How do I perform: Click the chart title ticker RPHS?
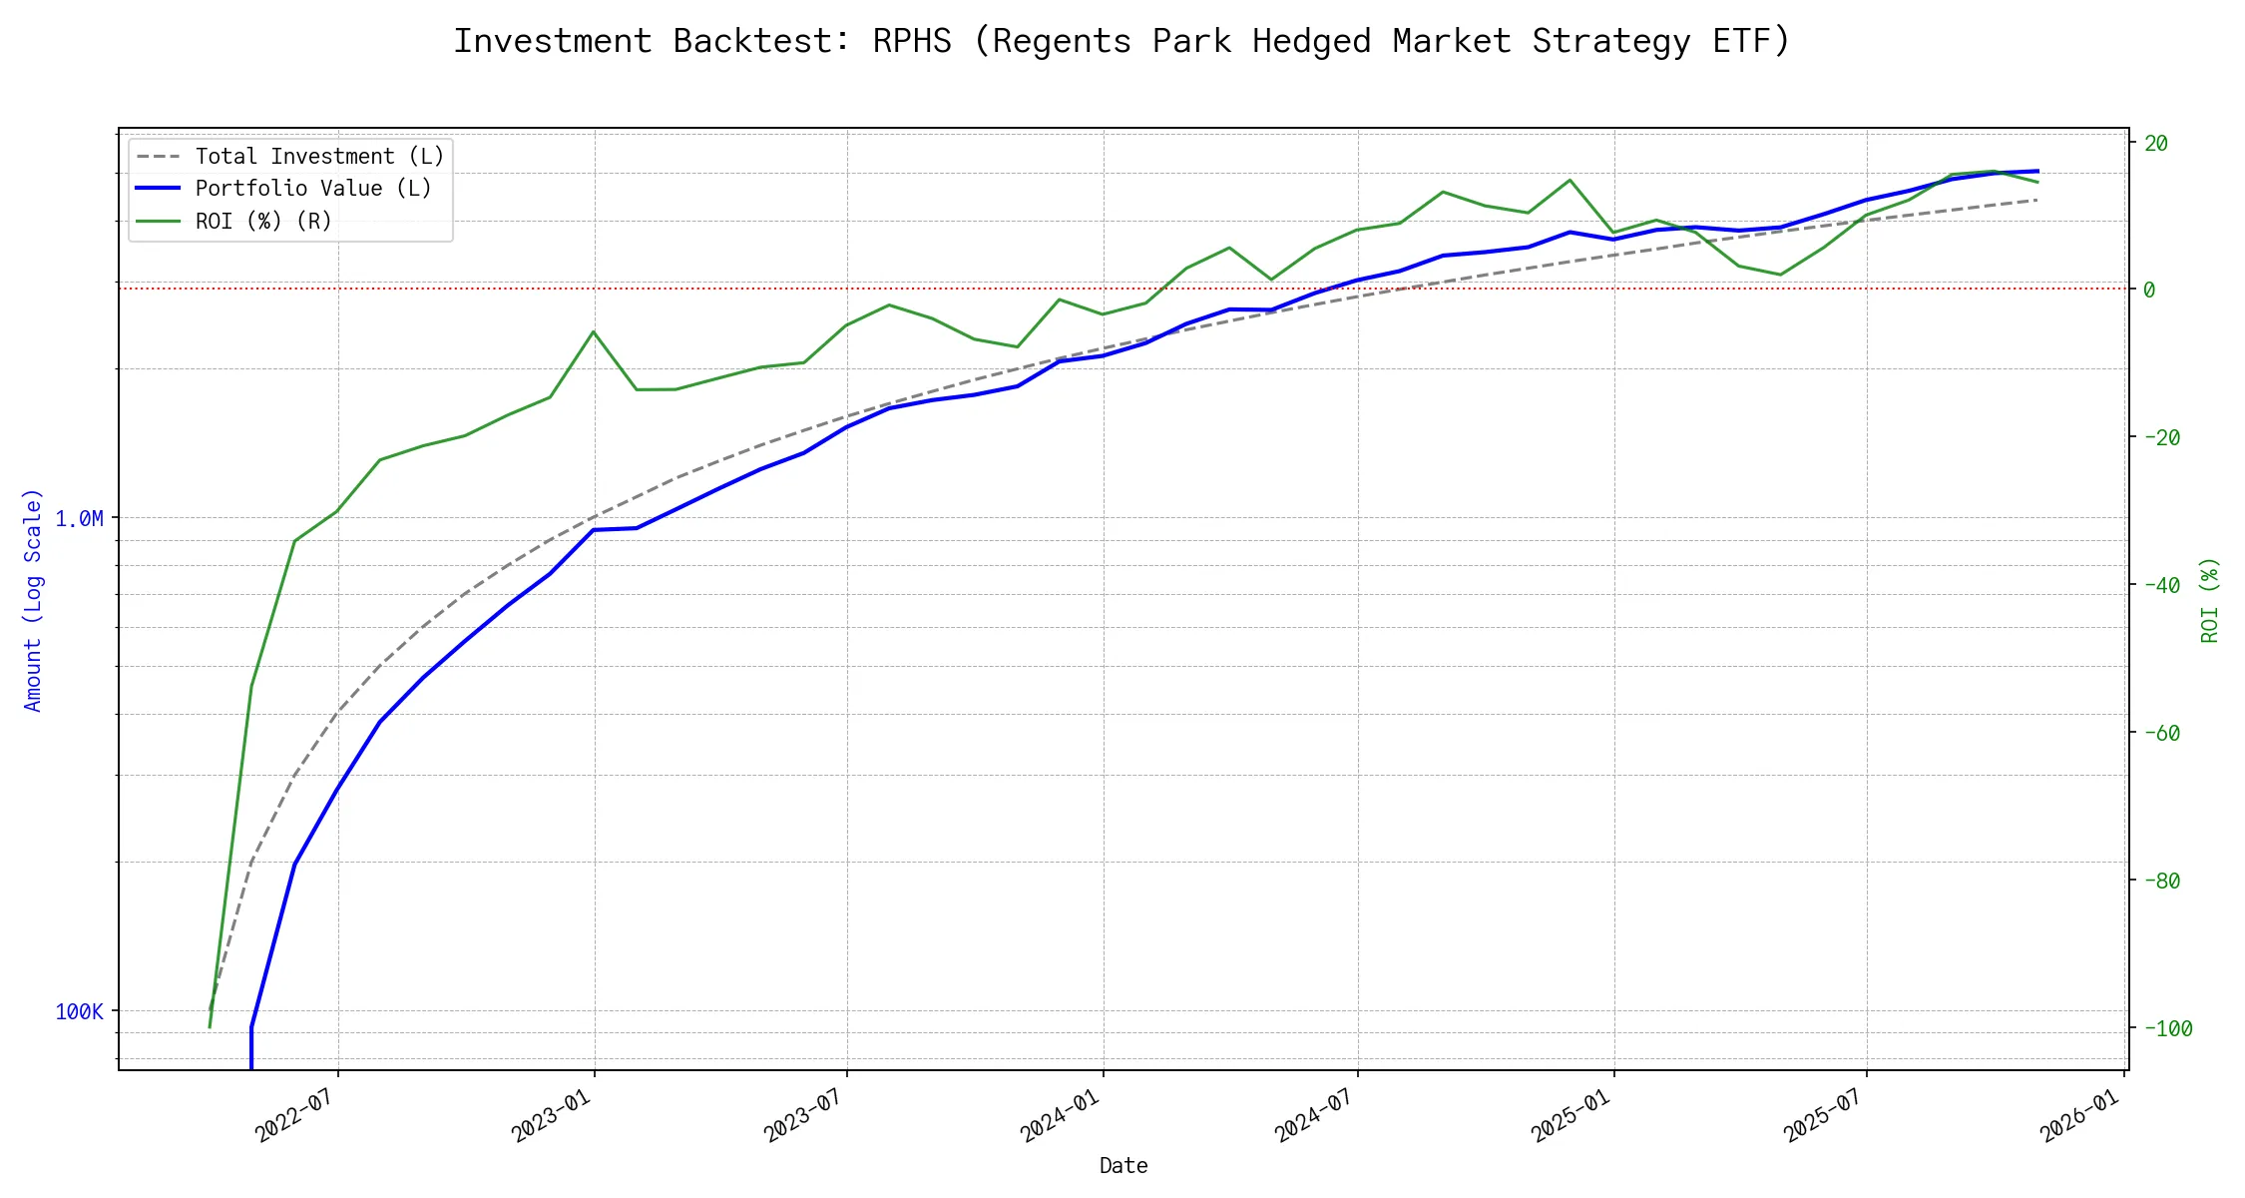tap(911, 41)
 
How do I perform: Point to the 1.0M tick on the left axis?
tap(80, 518)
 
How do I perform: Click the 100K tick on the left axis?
tap(80, 1011)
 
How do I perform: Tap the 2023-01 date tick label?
tap(551, 1115)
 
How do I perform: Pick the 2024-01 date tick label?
tap(1060, 1115)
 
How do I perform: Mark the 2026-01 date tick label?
tap(2079, 1115)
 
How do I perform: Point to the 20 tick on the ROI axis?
tap(2156, 143)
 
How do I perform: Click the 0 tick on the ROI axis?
tap(2149, 290)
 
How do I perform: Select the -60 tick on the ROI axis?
tap(2161, 733)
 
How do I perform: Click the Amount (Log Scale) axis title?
tap(33, 599)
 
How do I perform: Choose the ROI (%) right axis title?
tap(2209, 599)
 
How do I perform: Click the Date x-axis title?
tap(1123, 1165)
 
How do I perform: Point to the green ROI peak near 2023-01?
tap(594, 331)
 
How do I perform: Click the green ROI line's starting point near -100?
tap(210, 1027)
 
